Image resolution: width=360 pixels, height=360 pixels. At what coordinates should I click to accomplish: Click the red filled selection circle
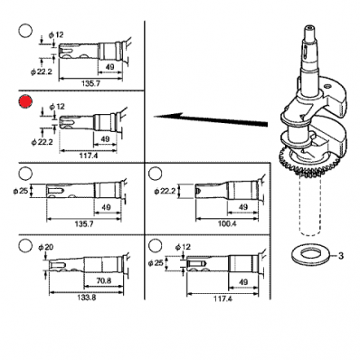25,102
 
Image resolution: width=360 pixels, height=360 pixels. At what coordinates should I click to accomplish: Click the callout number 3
340,256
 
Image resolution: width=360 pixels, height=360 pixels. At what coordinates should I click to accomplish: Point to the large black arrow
211,119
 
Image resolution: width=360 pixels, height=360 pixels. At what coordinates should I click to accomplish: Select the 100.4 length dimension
227,223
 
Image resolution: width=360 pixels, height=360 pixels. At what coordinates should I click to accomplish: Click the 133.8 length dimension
87,298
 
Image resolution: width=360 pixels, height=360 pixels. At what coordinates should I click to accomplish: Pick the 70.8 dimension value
103,280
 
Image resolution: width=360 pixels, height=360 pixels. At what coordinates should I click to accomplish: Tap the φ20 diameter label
45,247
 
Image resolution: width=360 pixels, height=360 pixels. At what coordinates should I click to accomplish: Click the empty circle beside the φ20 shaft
25,245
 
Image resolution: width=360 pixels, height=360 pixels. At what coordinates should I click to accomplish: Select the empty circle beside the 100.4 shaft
156,174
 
